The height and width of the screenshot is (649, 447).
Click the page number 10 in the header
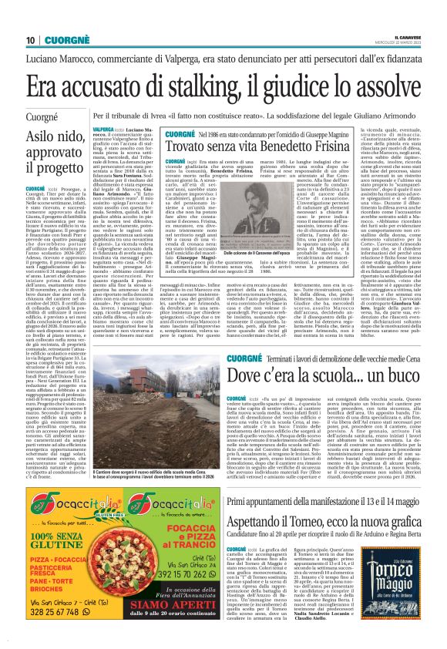point(30,40)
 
